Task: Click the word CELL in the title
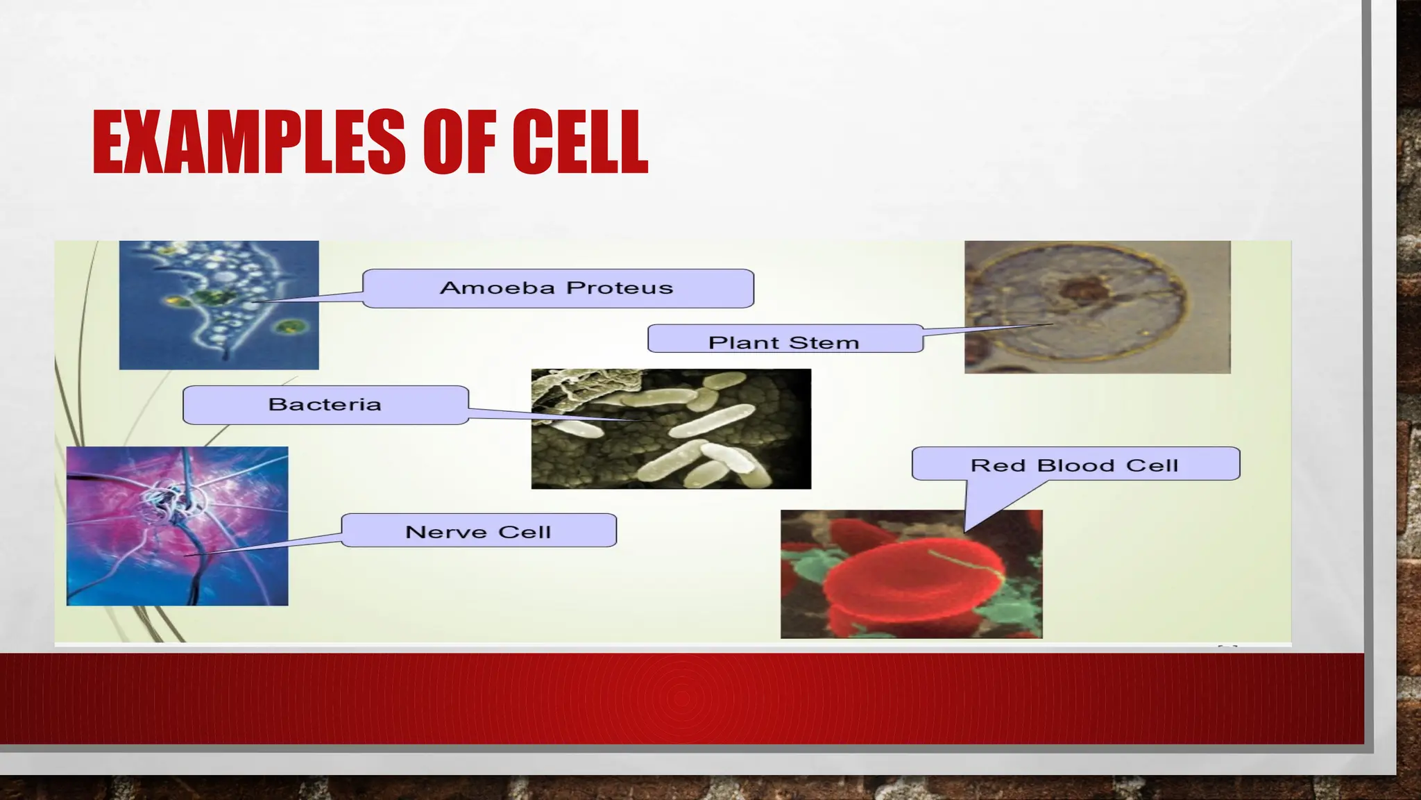(580, 142)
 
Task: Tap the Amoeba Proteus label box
(557, 288)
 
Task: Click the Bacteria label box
(325, 405)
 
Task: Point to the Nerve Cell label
(478, 531)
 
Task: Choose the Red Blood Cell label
(1075, 465)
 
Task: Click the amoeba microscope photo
(219, 305)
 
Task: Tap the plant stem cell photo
(1097, 307)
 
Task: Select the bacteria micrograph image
(670, 428)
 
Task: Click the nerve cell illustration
(177, 526)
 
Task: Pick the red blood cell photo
(911, 574)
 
